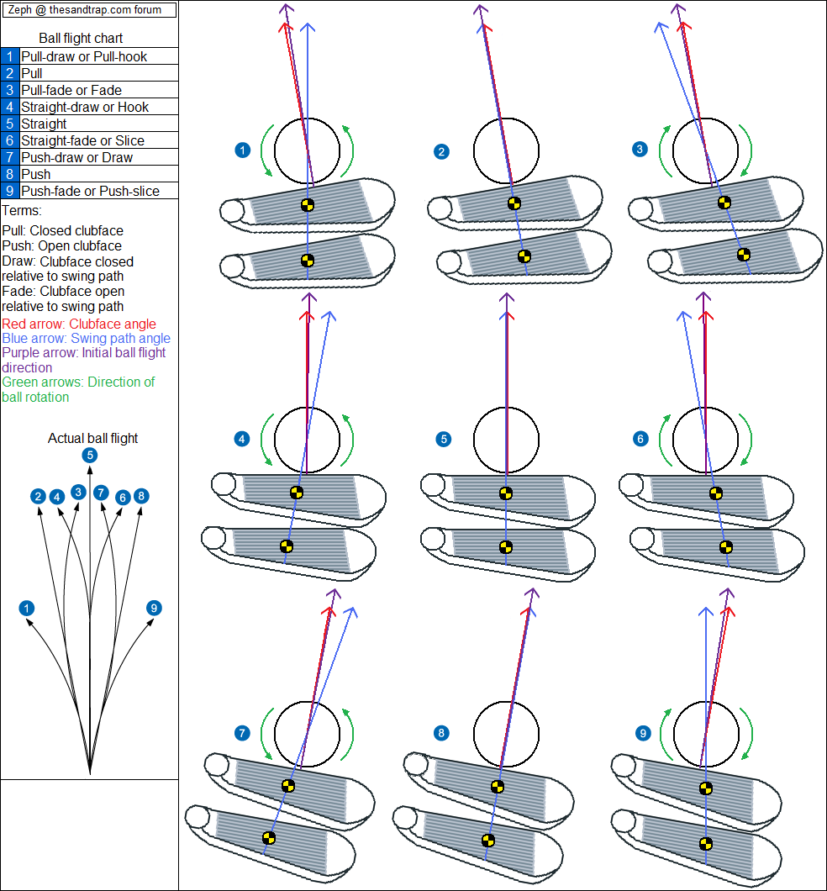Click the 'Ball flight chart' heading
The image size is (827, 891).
click(81, 39)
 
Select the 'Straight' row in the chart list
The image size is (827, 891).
click(44, 124)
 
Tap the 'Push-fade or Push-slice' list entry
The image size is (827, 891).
click(90, 191)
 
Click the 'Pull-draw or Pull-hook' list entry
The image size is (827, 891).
click(84, 56)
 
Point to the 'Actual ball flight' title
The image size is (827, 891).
click(92, 438)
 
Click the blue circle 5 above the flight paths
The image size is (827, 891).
click(90, 456)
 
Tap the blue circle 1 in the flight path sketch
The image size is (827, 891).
click(28, 608)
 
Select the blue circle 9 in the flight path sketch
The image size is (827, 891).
click(153, 608)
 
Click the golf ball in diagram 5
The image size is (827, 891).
click(506, 439)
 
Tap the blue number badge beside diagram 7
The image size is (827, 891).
click(242, 733)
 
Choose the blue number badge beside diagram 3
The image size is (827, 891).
click(640, 149)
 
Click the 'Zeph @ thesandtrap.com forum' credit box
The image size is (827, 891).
click(90, 10)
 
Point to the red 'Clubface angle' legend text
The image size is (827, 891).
click(79, 324)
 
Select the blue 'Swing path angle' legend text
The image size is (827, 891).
click(86, 338)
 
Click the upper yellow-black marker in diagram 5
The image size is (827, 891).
click(505, 493)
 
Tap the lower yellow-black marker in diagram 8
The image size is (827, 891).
click(487, 839)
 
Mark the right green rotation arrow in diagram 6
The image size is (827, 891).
click(746, 439)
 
